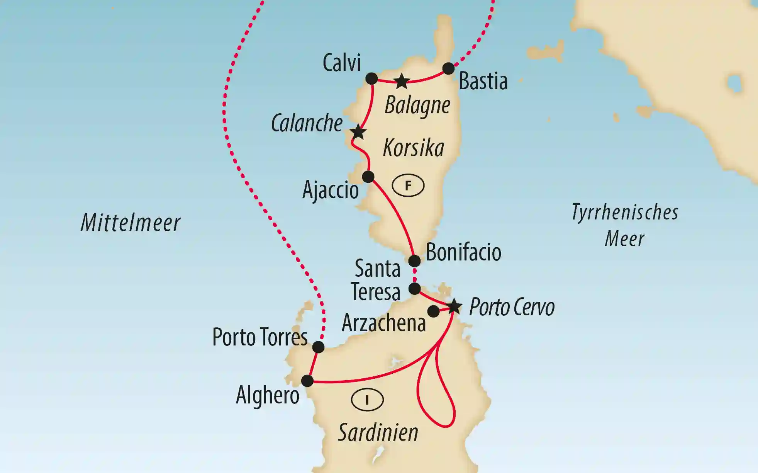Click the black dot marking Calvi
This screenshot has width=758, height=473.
click(371, 78)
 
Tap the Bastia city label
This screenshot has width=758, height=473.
click(483, 82)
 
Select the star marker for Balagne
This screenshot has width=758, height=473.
click(402, 81)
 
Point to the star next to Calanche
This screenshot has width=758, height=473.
click(358, 132)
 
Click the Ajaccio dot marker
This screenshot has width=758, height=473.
click(368, 177)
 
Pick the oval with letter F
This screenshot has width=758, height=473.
click(408, 186)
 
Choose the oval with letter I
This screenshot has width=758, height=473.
click(367, 400)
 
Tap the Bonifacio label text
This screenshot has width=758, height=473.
click(463, 253)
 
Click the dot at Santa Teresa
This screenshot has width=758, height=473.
click(414, 289)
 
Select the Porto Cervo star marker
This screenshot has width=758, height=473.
click(454, 307)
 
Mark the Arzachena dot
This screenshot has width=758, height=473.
click(433, 311)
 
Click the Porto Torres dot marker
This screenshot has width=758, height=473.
click(318, 347)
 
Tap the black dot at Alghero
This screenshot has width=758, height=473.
click(307, 381)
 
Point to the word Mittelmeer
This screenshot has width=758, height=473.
click(130, 223)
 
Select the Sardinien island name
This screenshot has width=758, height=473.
click(378, 432)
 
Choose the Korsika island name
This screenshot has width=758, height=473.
click(413, 148)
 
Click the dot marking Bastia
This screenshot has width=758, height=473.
click(448, 69)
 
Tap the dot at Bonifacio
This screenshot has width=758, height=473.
click(414, 261)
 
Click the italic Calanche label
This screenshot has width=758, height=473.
click(307, 123)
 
